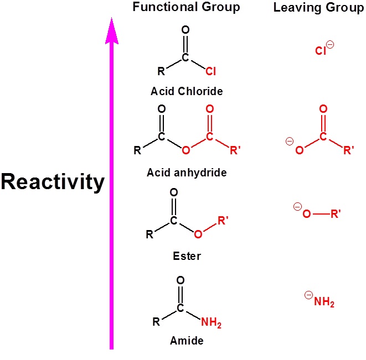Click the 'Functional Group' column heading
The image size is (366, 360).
[186, 8]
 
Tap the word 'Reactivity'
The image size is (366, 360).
[52, 182]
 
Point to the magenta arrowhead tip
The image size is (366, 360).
[112, 19]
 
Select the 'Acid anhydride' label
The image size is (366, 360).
[187, 173]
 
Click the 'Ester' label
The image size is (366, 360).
[187, 256]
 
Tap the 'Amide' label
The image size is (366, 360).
[187, 341]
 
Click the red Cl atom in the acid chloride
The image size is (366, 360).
[210, 72]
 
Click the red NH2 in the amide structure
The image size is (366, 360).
[210, 322]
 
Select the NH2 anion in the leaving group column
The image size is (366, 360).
[324, 302]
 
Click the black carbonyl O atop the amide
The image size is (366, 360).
[180, 280]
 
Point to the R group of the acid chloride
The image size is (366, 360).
[161, 71]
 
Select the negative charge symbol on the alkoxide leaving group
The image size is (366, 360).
[297, 207]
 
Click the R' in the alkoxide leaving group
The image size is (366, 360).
[336, 214]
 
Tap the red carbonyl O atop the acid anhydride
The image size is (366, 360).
[209, 109]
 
